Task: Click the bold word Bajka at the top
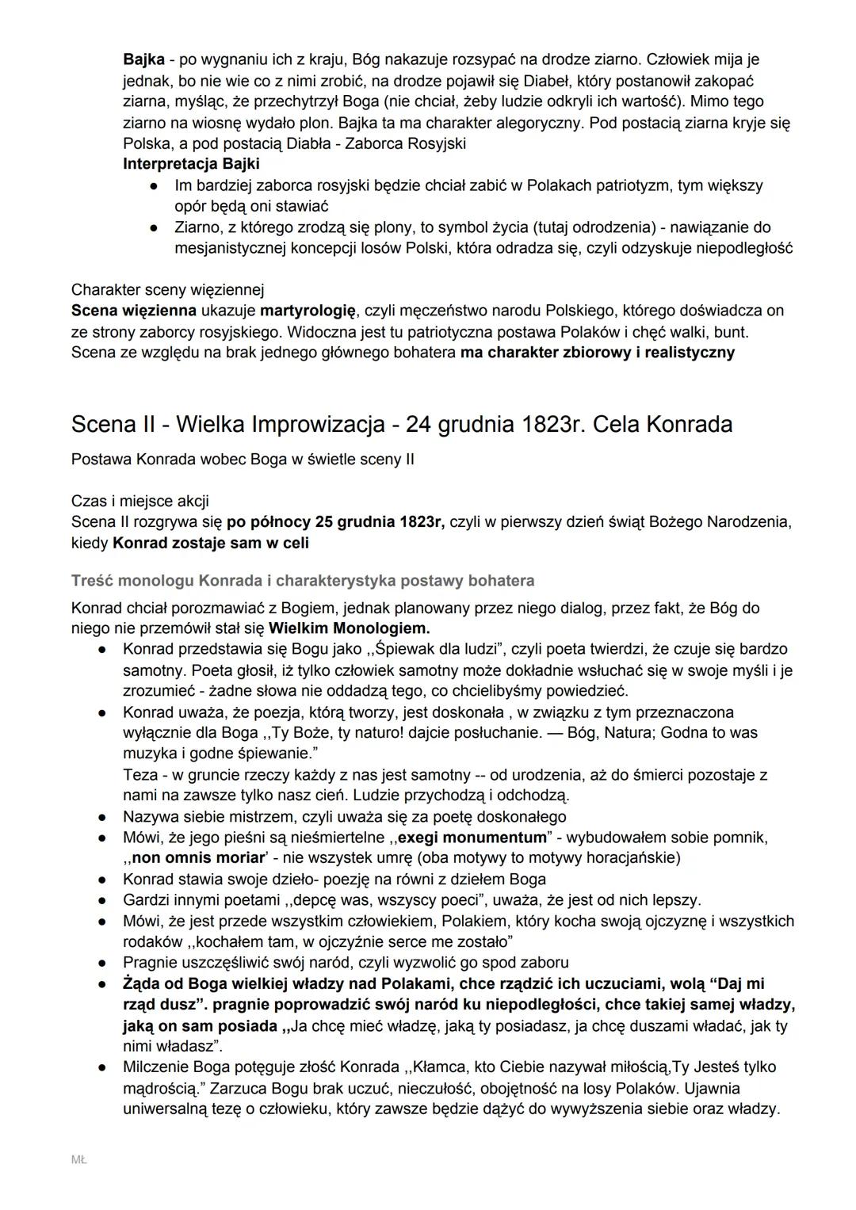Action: pos(143,59)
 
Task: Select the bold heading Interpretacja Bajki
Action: pos(191,164)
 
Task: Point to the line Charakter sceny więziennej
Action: pos(167,289)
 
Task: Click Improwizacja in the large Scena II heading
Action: pos(321,425)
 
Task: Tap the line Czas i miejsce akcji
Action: pos(139,501)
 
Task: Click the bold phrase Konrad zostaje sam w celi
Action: pos(211,543)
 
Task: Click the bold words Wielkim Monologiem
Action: pos(349,628)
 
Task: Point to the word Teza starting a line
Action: pos(140,774)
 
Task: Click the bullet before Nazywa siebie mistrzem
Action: pos(102,817)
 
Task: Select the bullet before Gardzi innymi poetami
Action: pos(102,900)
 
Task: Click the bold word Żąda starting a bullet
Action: pos(143,984)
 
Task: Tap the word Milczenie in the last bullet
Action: pos(155,1067)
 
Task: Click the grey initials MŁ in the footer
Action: pos(78,1160)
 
